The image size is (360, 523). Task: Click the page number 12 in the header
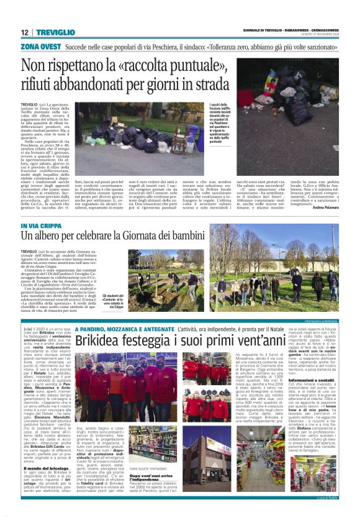24,32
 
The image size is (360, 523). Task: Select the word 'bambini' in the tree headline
205,237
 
